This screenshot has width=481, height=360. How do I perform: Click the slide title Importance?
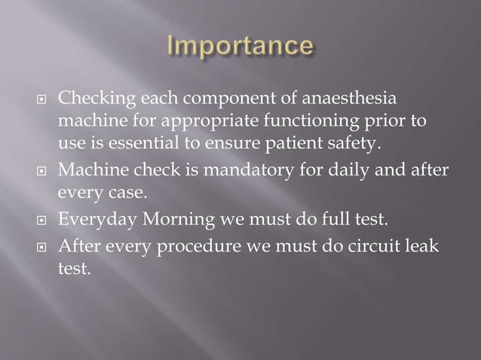pos(240,46)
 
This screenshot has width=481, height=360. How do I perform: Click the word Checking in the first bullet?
pos(91,99)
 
